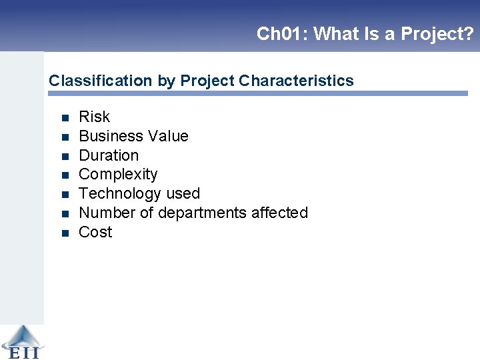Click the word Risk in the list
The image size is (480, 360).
(x=94, y=117)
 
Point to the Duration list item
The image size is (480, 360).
(x=109, y=155)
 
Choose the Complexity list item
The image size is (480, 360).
(x=118, y=175)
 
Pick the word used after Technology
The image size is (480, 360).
(x=183, y=194)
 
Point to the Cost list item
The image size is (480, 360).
(x=95, y=233)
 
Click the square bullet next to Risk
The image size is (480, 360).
(x=65, y=118)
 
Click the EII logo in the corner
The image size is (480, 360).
(x=21, y=341)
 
